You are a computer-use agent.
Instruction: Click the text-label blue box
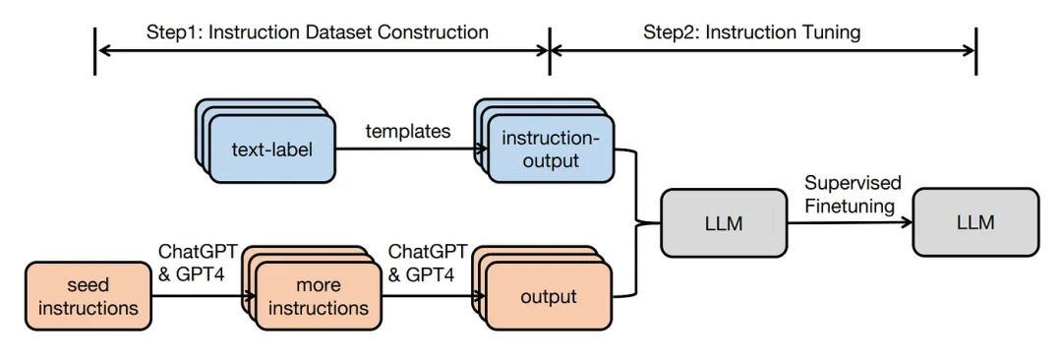coord(271,150)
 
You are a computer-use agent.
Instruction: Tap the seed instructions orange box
coord(88,296)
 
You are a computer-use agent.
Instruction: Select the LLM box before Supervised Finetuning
coord(724,223)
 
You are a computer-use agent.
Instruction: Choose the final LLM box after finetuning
coord(974,223)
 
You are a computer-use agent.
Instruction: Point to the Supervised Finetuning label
coord(852,195)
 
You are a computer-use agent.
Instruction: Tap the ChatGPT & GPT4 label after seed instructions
coord(197,263)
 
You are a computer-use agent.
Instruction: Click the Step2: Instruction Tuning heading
coord(751,32)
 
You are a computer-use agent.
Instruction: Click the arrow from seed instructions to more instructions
coord(197,296)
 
